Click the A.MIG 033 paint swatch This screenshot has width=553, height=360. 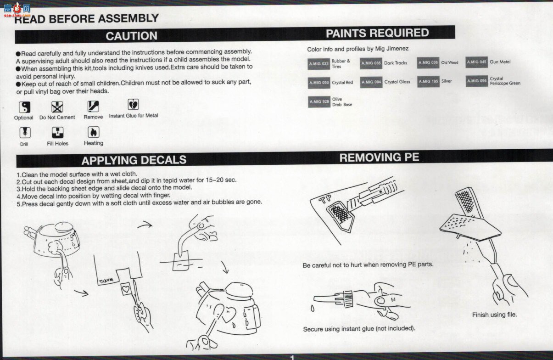[x=318, y=64]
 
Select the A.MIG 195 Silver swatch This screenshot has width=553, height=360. [x=428, y=82]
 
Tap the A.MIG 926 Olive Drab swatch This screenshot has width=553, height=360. [x=319, y=101]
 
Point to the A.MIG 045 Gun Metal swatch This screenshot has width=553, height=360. [x=476, y=62]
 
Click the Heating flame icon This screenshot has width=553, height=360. [x=94, y=132]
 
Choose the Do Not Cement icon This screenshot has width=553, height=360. [x=57, y=107]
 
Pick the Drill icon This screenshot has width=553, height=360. [x=25, y=133]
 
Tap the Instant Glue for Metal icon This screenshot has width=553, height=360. [x=133, y=105]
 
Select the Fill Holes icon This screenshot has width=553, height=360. [x=57, y=132]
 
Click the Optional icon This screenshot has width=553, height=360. [x=25, y=107]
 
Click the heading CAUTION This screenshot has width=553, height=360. [x=131, y=36]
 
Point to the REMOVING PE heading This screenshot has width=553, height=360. [x=379, y=157]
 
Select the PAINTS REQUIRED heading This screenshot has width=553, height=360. [x=377, y=33]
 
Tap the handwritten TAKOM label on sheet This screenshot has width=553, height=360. [x=106, y=281]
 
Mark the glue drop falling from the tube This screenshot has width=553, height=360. [x=313, y=309]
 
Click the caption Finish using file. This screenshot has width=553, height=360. [x=495, y=315]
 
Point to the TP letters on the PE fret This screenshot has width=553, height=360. [x=325, y=199]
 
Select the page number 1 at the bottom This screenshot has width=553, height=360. [x=292, y=357]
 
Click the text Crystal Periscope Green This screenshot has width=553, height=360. [x=505, y=81]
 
